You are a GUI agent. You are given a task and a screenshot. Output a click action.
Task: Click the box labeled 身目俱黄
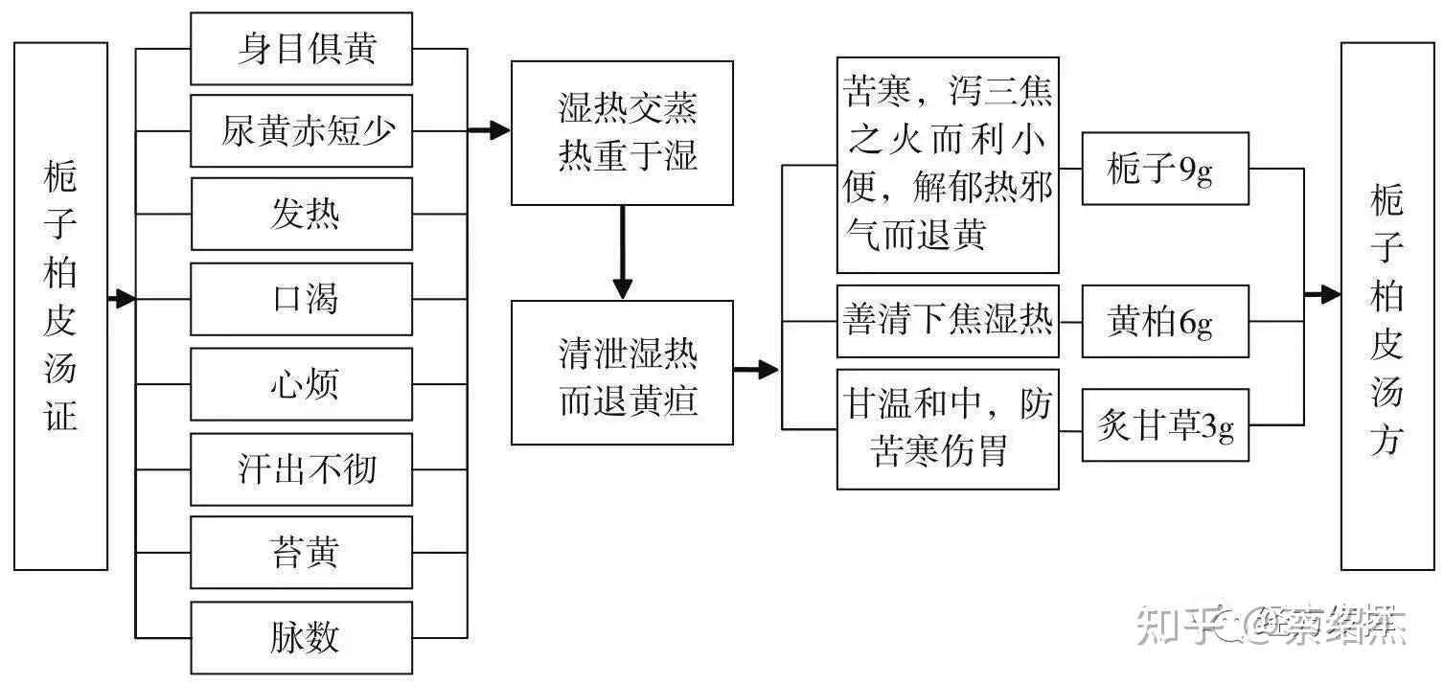(301, 49)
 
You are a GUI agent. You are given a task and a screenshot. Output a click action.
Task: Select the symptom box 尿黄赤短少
(301, 131)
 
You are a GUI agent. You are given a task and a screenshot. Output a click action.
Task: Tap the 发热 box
(301, 214)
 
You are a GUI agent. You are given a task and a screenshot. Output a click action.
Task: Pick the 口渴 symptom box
(301, 299)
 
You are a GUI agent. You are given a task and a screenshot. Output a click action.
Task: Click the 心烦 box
(301, 384)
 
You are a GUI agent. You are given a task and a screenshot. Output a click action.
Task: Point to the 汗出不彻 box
(301, 469)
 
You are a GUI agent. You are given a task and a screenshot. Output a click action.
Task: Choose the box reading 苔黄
(301, 553)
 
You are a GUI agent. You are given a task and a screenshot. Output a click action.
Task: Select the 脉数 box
(301, 637)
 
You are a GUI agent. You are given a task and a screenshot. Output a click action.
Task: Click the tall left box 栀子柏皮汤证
(60, 306)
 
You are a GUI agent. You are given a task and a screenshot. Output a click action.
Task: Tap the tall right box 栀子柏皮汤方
(1386, 306)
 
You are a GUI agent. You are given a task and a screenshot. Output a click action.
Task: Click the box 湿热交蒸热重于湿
(622, 133)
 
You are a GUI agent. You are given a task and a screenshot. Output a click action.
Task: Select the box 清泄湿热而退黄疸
(622, 373)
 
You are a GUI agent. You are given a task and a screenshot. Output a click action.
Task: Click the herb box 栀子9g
(1165, 169)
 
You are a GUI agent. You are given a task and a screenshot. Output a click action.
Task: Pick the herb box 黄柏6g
(1165, 322)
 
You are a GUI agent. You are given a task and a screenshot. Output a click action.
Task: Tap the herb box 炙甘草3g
(1165, 425)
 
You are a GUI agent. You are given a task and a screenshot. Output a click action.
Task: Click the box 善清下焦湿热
(948, 321)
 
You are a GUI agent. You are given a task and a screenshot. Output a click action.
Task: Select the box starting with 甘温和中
(948, 428)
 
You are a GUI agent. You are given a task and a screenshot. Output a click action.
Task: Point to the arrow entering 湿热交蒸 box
(490, 131)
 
